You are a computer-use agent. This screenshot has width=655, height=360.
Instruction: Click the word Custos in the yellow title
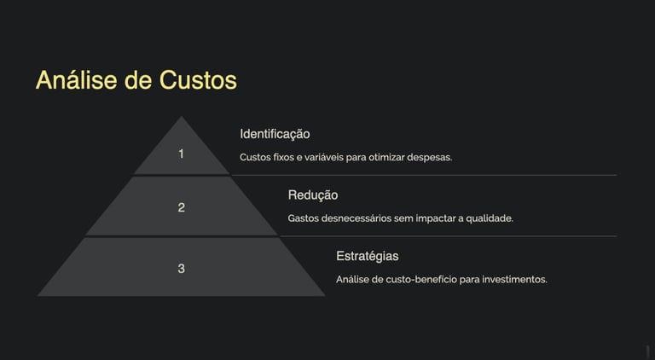pyautogui.click(x=198, y=80)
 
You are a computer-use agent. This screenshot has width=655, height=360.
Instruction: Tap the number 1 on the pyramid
pyautogui.click(x=181, y=154)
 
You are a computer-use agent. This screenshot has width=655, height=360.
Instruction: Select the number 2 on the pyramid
pyautogui.click(x=181, y=207)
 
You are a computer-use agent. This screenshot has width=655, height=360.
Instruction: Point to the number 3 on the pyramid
pyautogui.click(x=181, y=269)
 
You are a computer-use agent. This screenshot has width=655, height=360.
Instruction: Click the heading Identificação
pyautogui.click(x=275, y=134)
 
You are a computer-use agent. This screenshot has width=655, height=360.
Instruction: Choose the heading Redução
pyautogui.click(x=312, y=195)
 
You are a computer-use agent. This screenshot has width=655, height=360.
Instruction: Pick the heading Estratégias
pyautogui.click(x=367, y=256)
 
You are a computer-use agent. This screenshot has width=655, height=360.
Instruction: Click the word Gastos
pyautogui.click(x=304, y=218)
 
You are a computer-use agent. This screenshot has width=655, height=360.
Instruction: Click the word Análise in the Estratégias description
pyautogui.click(x=353, y=280)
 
